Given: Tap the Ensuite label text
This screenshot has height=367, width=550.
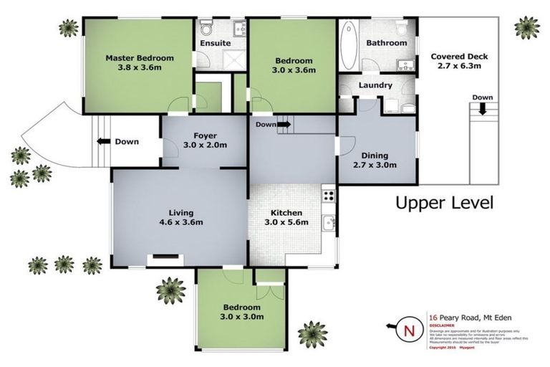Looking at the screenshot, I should coord(215,43).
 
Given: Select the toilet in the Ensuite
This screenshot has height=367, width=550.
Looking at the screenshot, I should coord(206,28).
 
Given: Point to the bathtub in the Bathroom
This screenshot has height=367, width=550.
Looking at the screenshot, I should coord(349,42).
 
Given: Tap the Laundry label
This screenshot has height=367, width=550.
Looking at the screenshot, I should coord(375,85).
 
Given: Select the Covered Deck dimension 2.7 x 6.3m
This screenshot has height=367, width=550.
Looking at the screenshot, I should coord(455,66).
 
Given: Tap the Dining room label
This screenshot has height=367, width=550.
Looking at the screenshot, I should coord(375,155).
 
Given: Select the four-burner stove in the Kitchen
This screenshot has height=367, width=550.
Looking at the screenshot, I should coord(329,194).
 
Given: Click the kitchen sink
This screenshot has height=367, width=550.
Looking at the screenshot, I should coord(329,223).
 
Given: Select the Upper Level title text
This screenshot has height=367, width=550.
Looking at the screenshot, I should coord(444,203).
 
